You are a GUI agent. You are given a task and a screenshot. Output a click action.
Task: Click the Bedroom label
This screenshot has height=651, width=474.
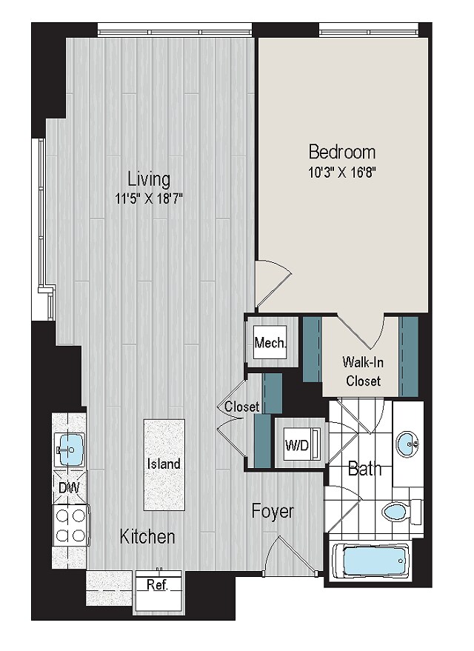(342, 152)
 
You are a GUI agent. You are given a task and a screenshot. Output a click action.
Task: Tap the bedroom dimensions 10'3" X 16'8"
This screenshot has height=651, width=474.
(342, 173)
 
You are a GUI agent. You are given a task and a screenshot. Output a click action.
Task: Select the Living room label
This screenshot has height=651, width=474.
(149, 179)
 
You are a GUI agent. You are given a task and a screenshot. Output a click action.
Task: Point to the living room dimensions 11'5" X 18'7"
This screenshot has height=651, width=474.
(149, 199)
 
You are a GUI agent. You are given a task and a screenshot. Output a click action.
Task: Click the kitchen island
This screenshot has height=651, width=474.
(164, 464)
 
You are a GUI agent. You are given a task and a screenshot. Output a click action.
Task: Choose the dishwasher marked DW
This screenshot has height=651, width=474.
(70, 487)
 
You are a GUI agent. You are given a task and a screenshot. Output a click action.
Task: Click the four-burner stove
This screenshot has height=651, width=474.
(71, 525)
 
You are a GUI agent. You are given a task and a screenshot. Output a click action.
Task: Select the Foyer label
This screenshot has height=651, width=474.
(273, 512)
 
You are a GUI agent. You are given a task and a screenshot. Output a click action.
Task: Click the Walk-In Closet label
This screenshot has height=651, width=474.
(363, 371)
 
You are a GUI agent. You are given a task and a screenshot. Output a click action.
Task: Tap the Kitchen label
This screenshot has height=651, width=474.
(147, 536)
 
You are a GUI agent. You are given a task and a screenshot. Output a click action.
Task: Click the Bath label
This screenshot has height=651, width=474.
(364, 469)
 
